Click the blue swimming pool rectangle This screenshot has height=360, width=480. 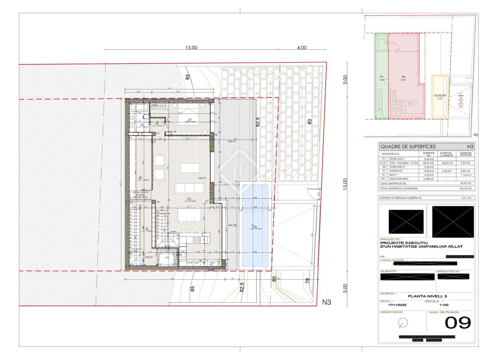(x=255, y=226)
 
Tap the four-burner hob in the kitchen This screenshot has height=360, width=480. (x=197, y=239)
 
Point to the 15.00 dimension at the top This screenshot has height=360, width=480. (x=191, y=48)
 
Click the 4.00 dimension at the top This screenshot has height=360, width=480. (x=302, y=48)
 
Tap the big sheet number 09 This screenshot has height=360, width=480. (x=457, y=323)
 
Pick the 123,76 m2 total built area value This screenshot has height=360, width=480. (x=465, y=189)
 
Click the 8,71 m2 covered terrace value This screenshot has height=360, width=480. (x=466, y=198)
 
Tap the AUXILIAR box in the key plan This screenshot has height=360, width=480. (x=440, y=96)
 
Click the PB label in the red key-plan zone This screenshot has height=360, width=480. (x=403, y=77)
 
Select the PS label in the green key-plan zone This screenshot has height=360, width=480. (x=382, y=77)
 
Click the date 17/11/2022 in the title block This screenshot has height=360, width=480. (x=397, y=305)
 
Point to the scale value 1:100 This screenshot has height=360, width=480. (x=444, y=305)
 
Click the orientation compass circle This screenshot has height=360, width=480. (x=403, y=323)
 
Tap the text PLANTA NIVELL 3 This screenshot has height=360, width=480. (x=427, y=296)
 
